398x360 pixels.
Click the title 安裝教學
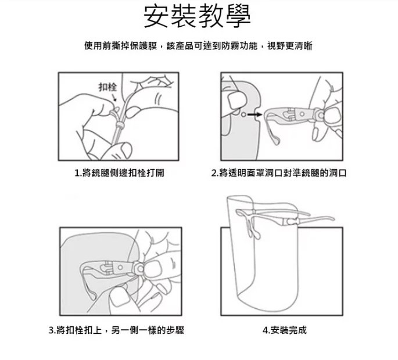click(197, 17)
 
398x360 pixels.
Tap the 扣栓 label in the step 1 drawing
click(107, 87)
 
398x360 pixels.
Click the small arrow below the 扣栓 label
click(114, 98)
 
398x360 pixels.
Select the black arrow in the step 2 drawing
click(254, 114)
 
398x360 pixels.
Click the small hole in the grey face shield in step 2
click(243, 114)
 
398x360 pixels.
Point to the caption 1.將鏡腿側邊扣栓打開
click(119, 173)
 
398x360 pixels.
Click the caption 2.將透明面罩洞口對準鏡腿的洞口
click(279, 173)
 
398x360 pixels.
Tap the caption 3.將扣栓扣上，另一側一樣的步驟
click(116, 330)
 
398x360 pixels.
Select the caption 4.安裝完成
click(285, 330)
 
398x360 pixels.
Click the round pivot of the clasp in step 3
click(139, 268)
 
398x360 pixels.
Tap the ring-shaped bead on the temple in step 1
click(119, 125)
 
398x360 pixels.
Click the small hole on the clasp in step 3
click(120, 267)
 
